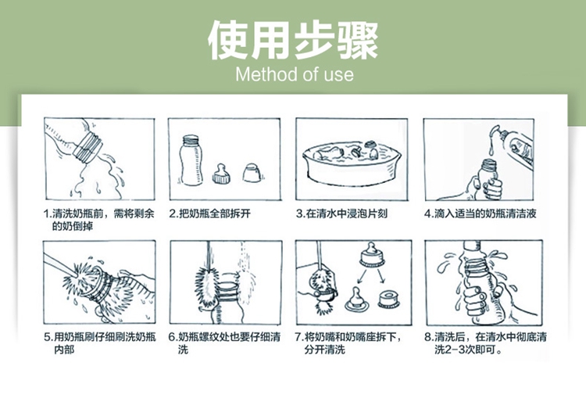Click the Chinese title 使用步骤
pos(293,41)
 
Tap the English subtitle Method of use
pos(295,74)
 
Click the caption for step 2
pos(209,214)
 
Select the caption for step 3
pos(341,214)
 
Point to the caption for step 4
pos(481,214)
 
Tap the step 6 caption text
pos(224,343)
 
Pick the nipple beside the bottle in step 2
pos(221,174)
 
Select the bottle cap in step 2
pos(252,173)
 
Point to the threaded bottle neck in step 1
pos(88,147)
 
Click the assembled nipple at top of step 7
pos(372,254)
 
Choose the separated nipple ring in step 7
pos(388,300)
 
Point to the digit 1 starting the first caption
pos(46,214)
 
